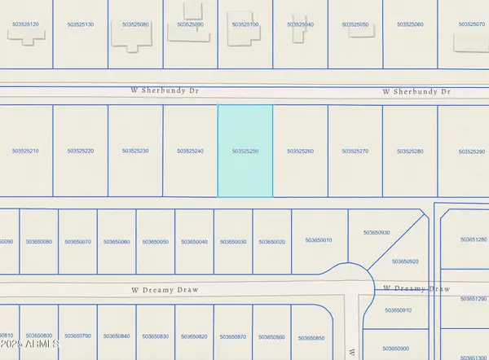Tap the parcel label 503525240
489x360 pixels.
(x=190, y=151)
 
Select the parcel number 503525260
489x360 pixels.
(x=300, y=151)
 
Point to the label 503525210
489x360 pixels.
(x=25, y=151)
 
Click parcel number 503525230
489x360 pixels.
(x=135, y=151)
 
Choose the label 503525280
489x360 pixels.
(x=410, y=151)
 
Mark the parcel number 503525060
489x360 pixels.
(x=410, y=25)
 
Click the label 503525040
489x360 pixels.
(x=300, y=25)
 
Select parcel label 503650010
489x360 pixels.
(x=319, y=240)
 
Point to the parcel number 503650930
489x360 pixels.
(x=377, y=233)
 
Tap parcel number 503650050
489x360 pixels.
(x=156, y=242)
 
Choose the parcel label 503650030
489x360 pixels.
(x=233, y=242)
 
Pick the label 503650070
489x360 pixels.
(x=78, y=242)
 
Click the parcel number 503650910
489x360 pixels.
(x=398, y=310)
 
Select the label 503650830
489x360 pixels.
(x=156, y=336)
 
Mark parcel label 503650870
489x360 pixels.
(x=233, y=336)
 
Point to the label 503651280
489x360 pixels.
(x=474, y=239)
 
